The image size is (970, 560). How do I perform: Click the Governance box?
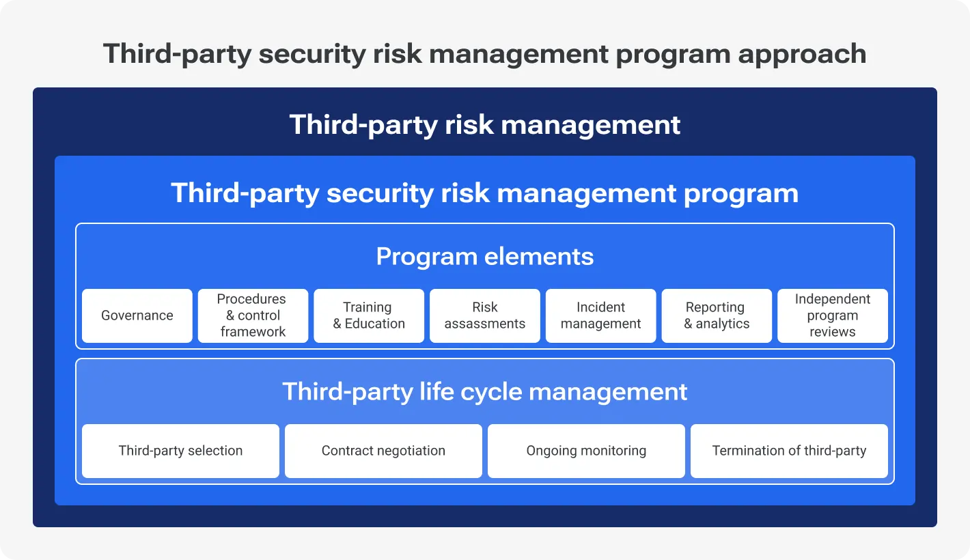137,316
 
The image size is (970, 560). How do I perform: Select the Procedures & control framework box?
253,316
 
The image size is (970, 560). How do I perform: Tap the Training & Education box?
369,316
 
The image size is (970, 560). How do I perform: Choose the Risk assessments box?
485,316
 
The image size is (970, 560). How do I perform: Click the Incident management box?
600,316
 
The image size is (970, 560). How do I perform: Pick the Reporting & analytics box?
717,316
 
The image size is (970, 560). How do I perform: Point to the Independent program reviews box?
833,316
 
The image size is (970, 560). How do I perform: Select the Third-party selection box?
180,451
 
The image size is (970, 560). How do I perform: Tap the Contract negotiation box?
383,451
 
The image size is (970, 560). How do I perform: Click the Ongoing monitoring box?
586,451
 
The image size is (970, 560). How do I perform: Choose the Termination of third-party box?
789,451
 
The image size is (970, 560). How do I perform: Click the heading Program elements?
485,257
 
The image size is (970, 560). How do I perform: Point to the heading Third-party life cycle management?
485,391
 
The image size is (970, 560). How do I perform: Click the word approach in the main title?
802,55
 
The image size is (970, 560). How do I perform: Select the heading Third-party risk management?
485,125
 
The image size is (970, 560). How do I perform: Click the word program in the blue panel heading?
741,194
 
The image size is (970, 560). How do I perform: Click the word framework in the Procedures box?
253,332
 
